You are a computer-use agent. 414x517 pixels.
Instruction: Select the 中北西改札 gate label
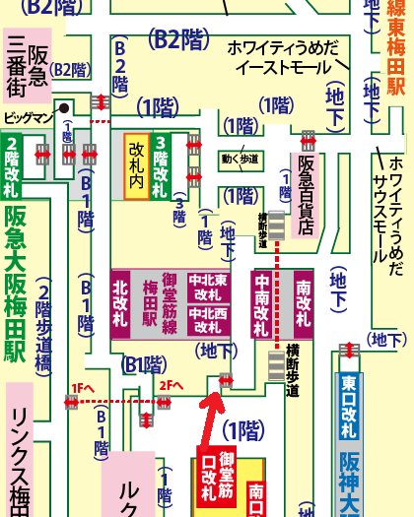tap(209, 321)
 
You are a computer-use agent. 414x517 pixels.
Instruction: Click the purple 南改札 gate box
tap(303, 304)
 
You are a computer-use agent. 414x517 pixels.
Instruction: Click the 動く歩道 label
tap(241, 158)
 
